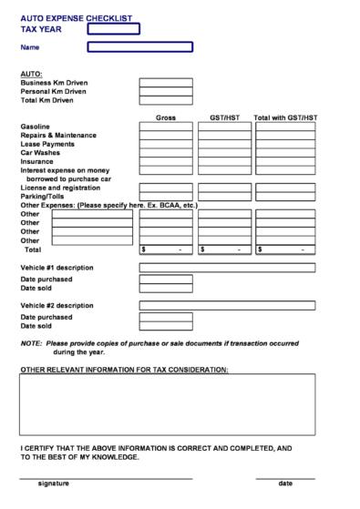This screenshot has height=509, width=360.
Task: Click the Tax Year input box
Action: [x=113, y=29]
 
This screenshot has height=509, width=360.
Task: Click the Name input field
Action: [x=139, y=46]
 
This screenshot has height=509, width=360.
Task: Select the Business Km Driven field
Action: [x=165, y=82]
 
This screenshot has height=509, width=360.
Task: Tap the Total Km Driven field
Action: [x=165, y=100]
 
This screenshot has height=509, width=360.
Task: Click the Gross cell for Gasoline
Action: [x=165, y=127]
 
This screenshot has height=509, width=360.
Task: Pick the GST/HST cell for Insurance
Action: [x=224, y=162]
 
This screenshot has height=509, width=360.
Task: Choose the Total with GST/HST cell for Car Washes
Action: [x=284, y=153]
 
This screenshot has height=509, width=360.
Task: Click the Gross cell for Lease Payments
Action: [x=165, y=144]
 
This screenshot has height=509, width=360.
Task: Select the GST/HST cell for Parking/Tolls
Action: [x=224, y=196]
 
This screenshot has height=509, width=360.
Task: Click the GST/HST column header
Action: [x=224, y=118]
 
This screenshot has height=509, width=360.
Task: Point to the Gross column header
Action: [x=165, y=118]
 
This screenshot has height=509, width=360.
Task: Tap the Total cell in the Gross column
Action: [x=165, y=249]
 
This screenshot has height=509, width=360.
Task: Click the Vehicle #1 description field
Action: [x=226, y=268]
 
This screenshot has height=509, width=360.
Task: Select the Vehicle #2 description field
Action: [x=226, y=305]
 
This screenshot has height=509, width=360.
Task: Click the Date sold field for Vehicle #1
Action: [x=165, y=288]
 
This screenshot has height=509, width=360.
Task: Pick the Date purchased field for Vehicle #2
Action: [x=165, y=316]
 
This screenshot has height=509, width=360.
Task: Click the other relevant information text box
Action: [x=167, y=404]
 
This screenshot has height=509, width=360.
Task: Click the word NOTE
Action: [x=30, y=343]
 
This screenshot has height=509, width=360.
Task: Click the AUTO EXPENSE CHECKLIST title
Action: [x=76, y=18]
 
